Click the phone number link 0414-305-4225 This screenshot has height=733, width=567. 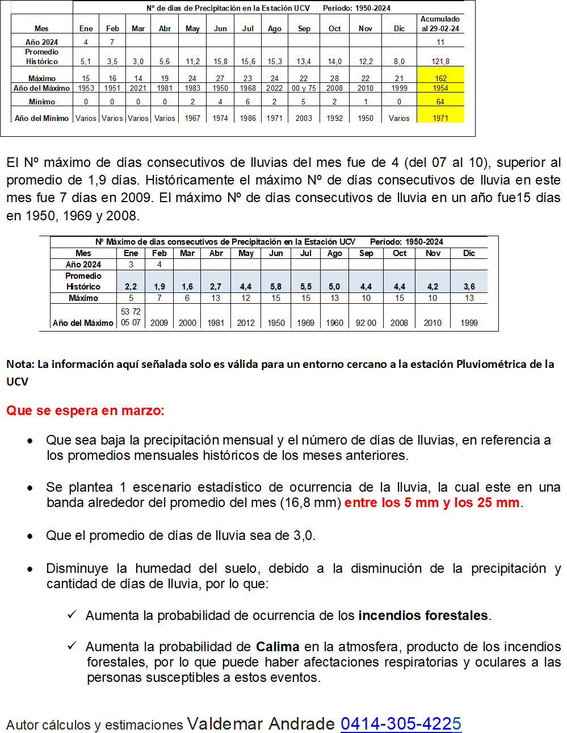401,723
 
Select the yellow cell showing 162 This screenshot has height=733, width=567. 440,78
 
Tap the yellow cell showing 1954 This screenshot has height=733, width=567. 440,88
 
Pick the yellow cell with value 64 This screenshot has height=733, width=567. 440,102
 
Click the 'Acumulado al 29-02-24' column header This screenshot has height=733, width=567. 440,24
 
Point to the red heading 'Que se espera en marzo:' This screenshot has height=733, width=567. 85,411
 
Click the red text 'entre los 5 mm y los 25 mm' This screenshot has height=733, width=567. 432,502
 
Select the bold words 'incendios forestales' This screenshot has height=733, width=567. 423,615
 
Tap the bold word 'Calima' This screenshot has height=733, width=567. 278,647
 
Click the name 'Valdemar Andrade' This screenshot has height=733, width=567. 261,724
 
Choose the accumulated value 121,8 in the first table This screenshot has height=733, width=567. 440,61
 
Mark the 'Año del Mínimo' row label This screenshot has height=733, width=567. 42,118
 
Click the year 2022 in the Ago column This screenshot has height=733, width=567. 275,88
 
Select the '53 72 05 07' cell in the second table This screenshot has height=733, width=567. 131,317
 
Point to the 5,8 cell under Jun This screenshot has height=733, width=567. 276,287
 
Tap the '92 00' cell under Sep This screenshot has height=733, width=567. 366,322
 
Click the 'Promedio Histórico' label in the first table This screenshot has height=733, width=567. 42,57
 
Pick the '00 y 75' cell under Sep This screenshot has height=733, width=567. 304,88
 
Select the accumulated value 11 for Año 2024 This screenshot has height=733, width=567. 440,42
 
